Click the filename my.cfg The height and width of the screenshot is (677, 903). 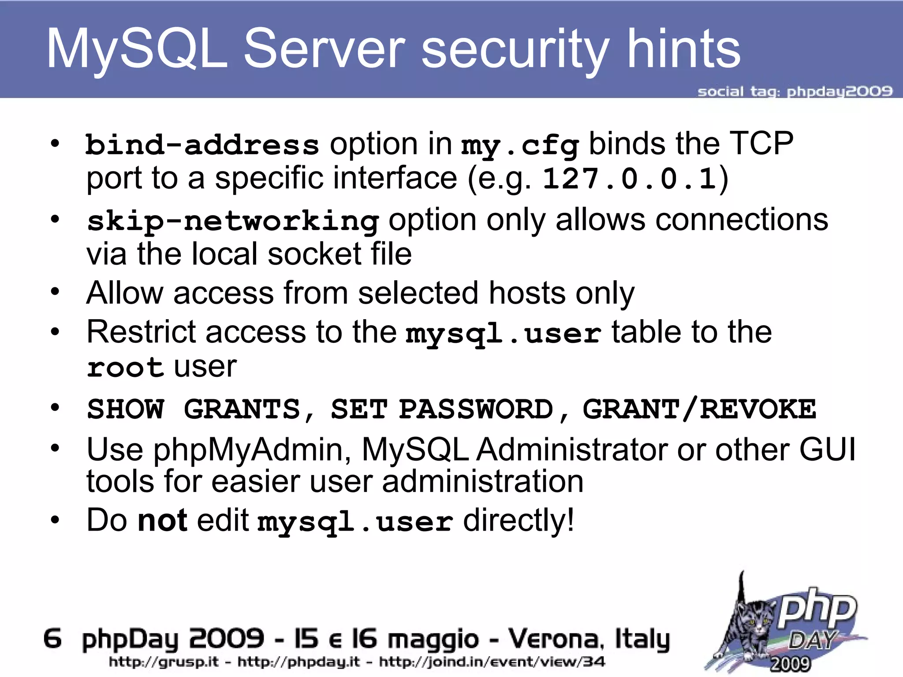(520, 145)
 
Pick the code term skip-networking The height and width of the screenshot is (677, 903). (232, 220)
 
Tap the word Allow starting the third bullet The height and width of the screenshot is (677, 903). (125, 293)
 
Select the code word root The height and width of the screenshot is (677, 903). (125, 367)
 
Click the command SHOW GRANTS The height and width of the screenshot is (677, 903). (193, 409)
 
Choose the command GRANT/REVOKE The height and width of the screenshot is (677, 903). (699, 409)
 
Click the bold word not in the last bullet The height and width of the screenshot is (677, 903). (162, 520)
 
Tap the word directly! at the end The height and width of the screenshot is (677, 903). (519, 520)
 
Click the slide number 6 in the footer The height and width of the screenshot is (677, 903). (52, 639)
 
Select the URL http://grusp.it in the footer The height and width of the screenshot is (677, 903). (164, 662)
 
